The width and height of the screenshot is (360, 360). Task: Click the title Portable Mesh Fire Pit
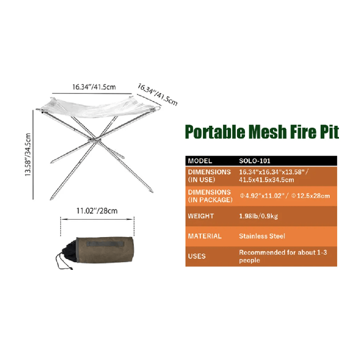[x=262, y=132]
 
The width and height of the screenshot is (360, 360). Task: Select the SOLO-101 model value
[x=255, y=161]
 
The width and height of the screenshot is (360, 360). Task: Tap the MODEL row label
[x=200, y=161]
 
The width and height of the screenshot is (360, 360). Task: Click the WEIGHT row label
[x=201, y=216]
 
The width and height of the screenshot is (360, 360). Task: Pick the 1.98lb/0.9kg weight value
[x=258, y=216]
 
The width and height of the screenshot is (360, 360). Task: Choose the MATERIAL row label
[x=205, y=236]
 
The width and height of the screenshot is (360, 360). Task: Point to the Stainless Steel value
[x=262, y=236]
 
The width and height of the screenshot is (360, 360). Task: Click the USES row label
[x=197, y=256]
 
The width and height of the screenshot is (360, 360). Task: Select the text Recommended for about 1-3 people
[x=283, y=256]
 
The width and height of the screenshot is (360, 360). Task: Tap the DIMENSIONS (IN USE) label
[x=209, y=176]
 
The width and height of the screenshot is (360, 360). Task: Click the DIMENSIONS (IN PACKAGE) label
[x=210, y=196]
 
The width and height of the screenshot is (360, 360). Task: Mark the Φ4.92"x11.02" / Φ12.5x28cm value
[x=285, y=196]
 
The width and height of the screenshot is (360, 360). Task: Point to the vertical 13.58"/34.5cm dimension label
[x=28, y=155]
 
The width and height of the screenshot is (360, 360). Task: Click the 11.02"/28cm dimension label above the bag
[x=97, y=211]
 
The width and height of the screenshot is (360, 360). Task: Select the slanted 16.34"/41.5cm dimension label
[x=158, y=94]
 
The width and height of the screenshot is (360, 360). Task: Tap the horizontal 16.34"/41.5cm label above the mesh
[x=94, y=87]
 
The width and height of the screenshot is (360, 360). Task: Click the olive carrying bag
[x=104, y=250]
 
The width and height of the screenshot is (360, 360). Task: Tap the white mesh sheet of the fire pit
[x=96, y=108]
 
